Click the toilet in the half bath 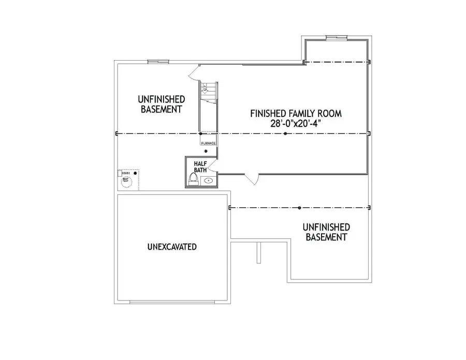point(194,179)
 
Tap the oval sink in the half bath point(208,181)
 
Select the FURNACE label point(208,142)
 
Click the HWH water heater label point(125,172)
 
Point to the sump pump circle point(126,181)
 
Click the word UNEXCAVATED point(172,247)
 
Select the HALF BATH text point(200,166)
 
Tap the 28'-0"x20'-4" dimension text point(296,124)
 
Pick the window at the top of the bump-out point(337,37)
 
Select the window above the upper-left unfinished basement point(156,62)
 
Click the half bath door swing point(213,165)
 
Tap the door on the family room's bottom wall point(252,179)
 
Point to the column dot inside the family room point(285,134)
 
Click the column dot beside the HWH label point(135,173)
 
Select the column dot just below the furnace point(206,151)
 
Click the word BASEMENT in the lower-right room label point(326,237)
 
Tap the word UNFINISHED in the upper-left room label point(161,98)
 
